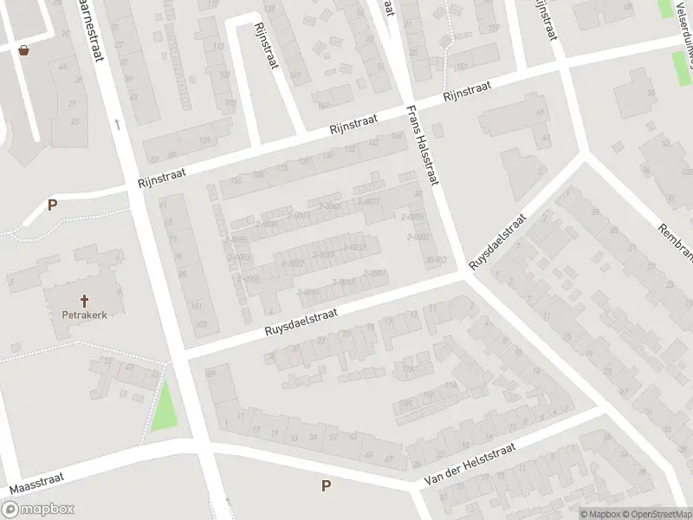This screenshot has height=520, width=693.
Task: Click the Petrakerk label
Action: point(84,315)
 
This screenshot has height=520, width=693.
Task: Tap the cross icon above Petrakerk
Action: point(85,301)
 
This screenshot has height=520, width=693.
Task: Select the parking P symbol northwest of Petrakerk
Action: point(52,205)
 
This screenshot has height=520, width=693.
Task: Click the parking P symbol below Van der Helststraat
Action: point(326,486)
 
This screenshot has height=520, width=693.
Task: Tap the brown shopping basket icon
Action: point(23,50)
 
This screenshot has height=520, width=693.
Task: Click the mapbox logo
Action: point(38,510)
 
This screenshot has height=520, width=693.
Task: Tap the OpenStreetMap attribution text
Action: point(655,514)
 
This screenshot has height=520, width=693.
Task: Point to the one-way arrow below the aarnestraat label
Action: point(116,124)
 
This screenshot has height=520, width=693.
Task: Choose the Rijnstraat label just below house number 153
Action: point(467,92)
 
